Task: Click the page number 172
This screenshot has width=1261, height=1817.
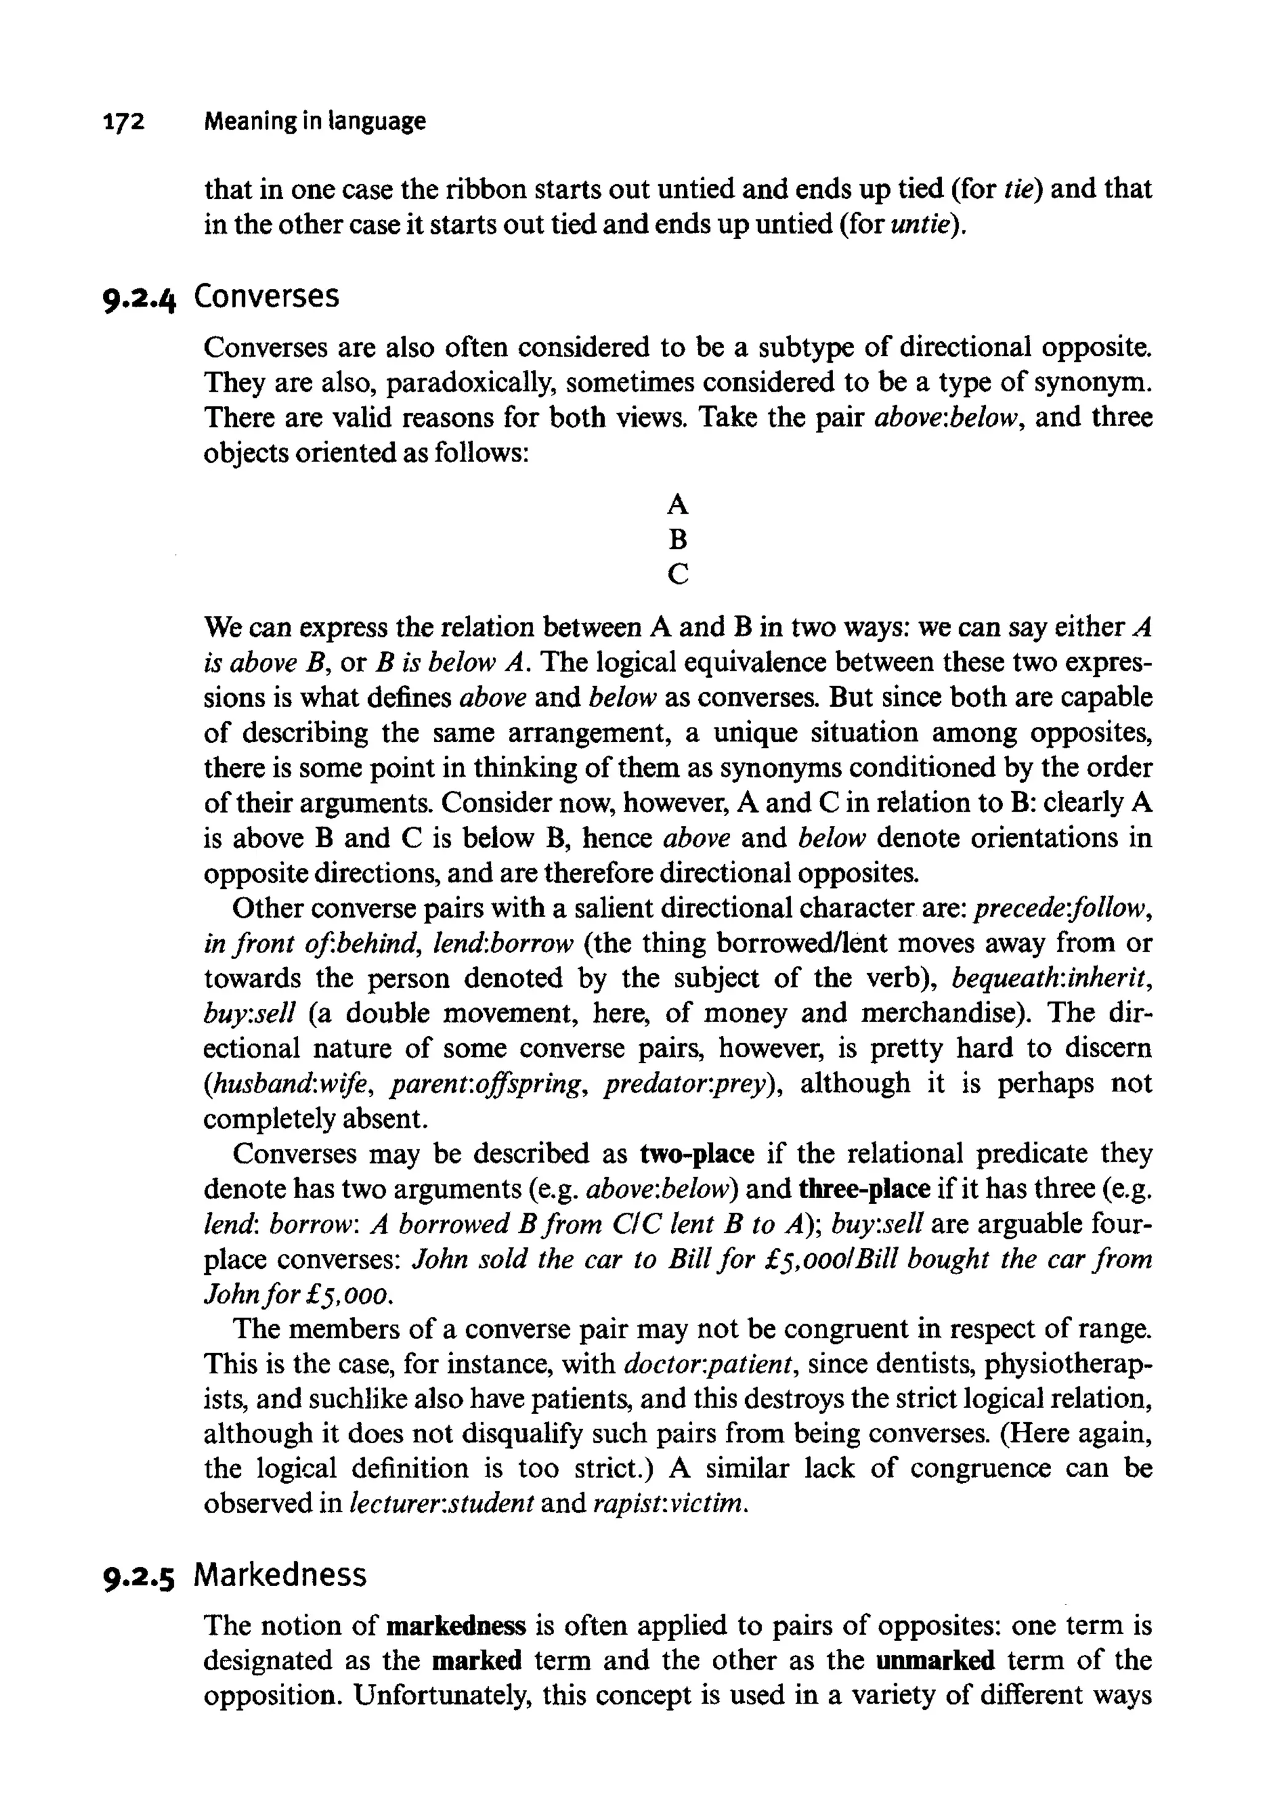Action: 125,122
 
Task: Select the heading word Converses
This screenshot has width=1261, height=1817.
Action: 266,296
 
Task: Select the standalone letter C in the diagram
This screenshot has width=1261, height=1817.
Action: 677,574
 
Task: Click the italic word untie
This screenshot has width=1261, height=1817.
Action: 921,225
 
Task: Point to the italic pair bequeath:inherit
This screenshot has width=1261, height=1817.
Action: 1051,979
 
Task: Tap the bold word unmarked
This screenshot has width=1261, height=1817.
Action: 935,1661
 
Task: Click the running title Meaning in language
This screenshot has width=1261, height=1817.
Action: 315,122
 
